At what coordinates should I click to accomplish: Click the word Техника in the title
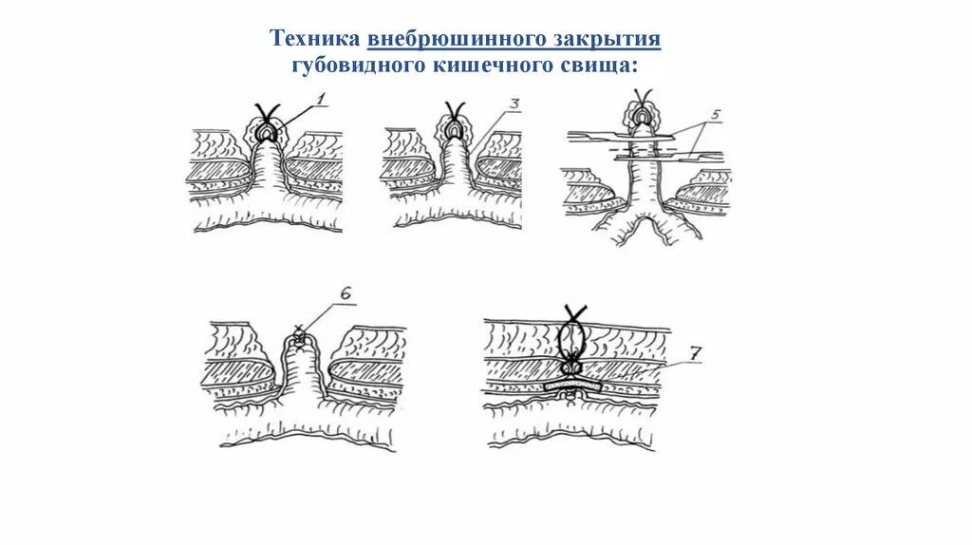point(314,39)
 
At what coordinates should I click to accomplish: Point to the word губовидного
point(352,65)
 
